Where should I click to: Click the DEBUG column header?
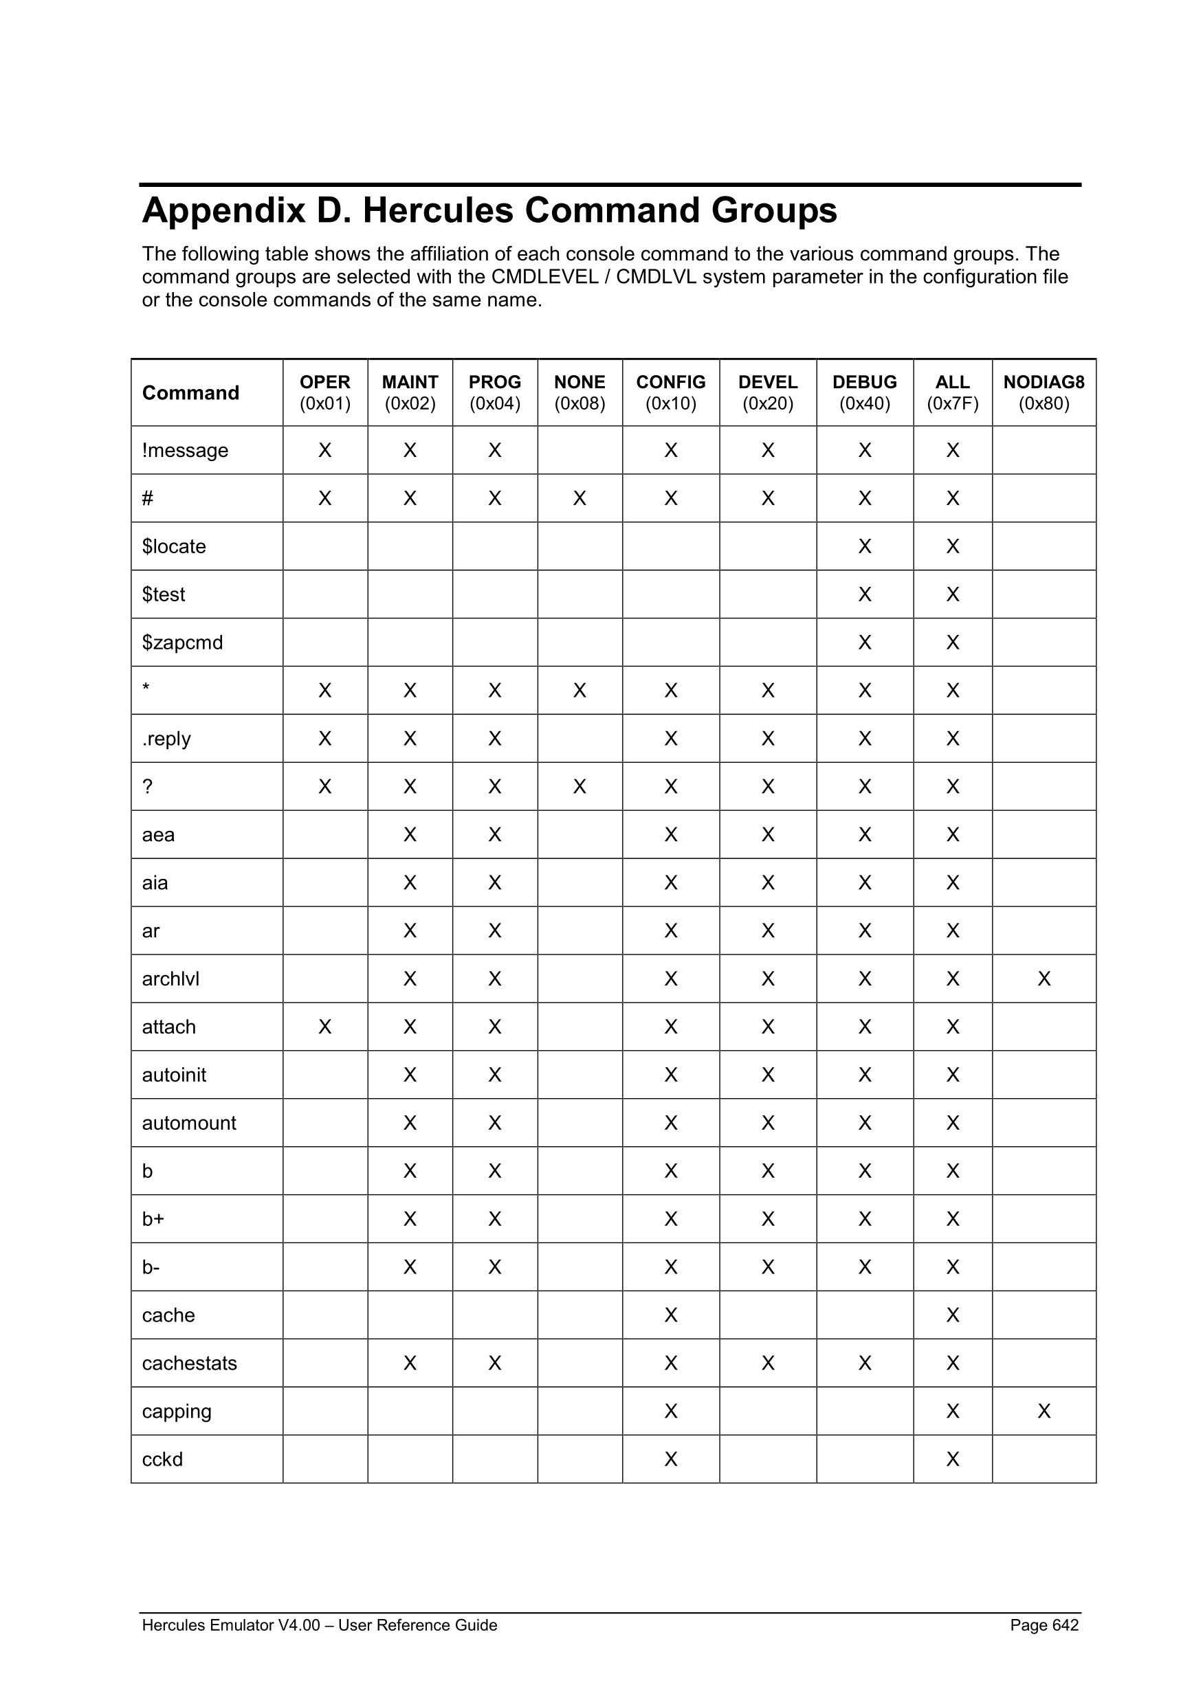[864, 392]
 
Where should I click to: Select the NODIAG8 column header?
[1043, 392]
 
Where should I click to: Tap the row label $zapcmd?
[182, 642]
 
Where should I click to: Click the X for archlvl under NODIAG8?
[1044, 979]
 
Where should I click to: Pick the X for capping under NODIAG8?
[1044, 1411]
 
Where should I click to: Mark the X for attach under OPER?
[324, 1026]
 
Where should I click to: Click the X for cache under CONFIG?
[670, 1315]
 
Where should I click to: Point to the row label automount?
[188, 1122]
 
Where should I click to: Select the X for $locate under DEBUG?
[864, 546]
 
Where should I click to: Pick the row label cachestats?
[189, 1363]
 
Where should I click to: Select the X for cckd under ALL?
[952, 1459]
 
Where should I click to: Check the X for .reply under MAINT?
[410, 738]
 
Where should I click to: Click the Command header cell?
[190, 392]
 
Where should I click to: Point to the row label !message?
[185, 450]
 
